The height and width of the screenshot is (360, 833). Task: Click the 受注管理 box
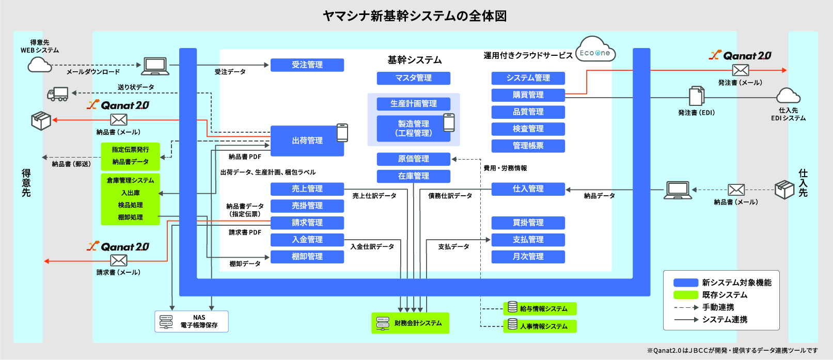point(307,65)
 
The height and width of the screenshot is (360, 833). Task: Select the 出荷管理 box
point(307,140)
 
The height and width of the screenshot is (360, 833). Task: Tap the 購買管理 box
point(528,95)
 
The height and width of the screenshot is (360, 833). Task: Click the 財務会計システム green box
point(410,323)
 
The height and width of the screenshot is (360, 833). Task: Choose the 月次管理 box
point(528,256)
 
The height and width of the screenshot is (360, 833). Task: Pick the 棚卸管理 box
point(307,256)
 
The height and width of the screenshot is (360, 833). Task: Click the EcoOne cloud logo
point(595,51)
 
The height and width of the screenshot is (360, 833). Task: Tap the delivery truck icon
point(58,94)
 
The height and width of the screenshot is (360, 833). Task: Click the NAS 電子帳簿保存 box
point(192,321)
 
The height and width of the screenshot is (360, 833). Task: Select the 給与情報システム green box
point(540,308)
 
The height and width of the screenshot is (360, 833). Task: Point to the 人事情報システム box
point(540,326)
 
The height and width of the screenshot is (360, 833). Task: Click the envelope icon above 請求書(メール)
point(119,261)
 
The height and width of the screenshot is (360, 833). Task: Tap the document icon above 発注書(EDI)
point(696,96)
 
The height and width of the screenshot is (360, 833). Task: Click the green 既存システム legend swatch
point(685,295)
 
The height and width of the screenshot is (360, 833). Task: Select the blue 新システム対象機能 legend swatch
point(685,283)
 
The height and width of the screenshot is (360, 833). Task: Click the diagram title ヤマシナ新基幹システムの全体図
point(414,16)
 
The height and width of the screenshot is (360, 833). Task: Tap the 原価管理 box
point(413,159)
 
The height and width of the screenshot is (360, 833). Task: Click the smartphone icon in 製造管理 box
point(449,122)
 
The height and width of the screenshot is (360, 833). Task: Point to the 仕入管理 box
point(528,189)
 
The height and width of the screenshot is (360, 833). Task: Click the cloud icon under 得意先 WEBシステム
point(40,65)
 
